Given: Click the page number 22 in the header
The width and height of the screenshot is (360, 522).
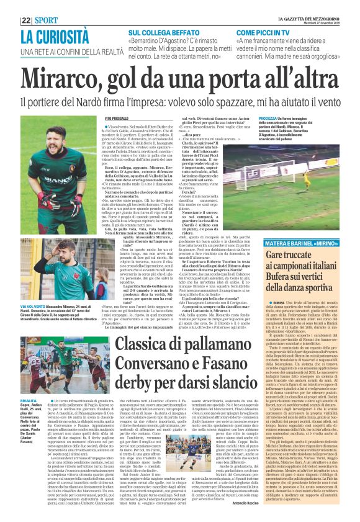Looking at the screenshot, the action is click(x=26, y=20).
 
